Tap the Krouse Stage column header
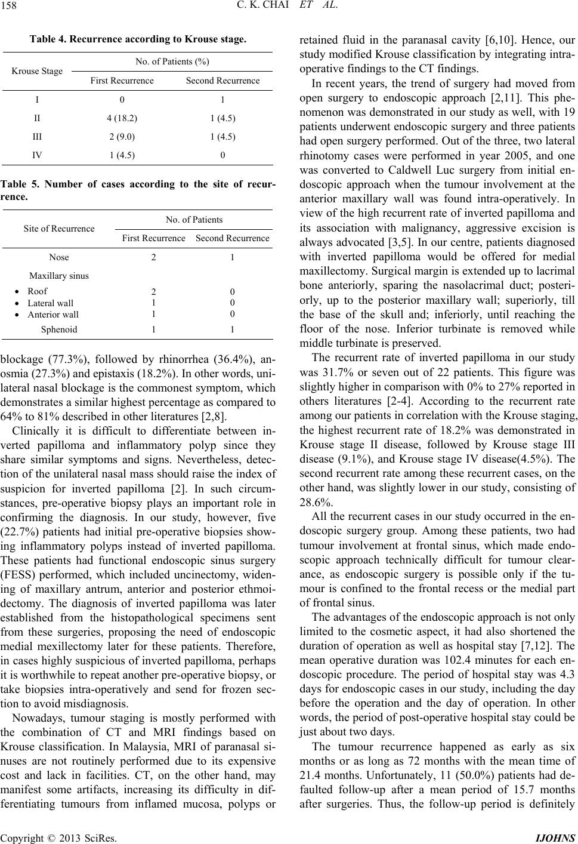[38, 71]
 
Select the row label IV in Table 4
[38, 155]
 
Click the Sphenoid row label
[58, 329]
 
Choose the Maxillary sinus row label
[59, 276]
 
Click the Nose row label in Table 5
[58, 257]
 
